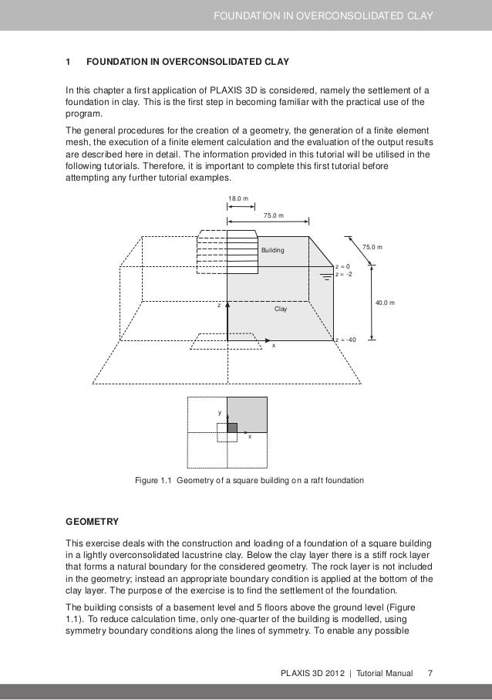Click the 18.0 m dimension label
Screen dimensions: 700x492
tap(238, 200)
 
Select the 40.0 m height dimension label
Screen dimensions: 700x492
tap(385, 303)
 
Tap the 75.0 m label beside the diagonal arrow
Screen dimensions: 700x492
tap(372, 247)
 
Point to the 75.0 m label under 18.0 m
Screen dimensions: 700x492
tap(274, 215)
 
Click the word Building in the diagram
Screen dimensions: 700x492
tap(272, 252)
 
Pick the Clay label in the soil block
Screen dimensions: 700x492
tap(281, 309)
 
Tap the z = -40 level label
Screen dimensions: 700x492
tap(345, 340)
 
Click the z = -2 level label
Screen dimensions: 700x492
tap(344, 274)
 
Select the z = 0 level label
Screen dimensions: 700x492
tap(342, 266)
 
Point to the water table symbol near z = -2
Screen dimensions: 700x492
tap(327, 274)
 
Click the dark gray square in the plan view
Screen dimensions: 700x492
tap(232, 427)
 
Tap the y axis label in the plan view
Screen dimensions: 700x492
tap(220, 413)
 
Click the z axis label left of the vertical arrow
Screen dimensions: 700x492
tap(218, 306)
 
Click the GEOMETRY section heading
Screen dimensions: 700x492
tap(96, 520)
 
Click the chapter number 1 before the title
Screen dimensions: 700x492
tap(69, 61)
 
